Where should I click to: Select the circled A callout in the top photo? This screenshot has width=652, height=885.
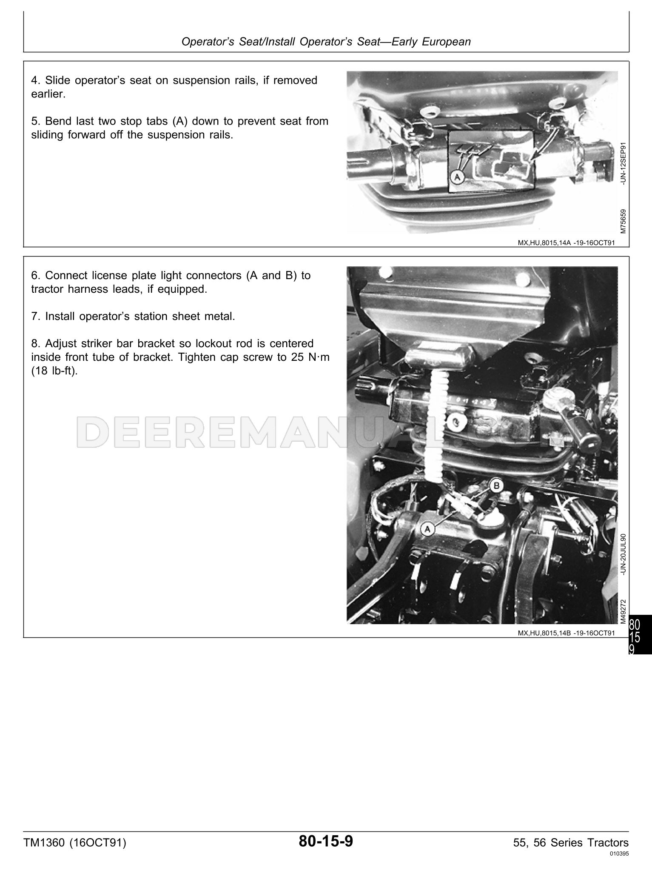(458, 177)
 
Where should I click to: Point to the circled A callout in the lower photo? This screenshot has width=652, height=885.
(427, 528)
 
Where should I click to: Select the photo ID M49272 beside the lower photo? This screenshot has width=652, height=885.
(623, 611)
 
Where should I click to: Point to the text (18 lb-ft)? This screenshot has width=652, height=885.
(54, 371)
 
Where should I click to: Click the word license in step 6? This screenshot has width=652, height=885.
(100, 275)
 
